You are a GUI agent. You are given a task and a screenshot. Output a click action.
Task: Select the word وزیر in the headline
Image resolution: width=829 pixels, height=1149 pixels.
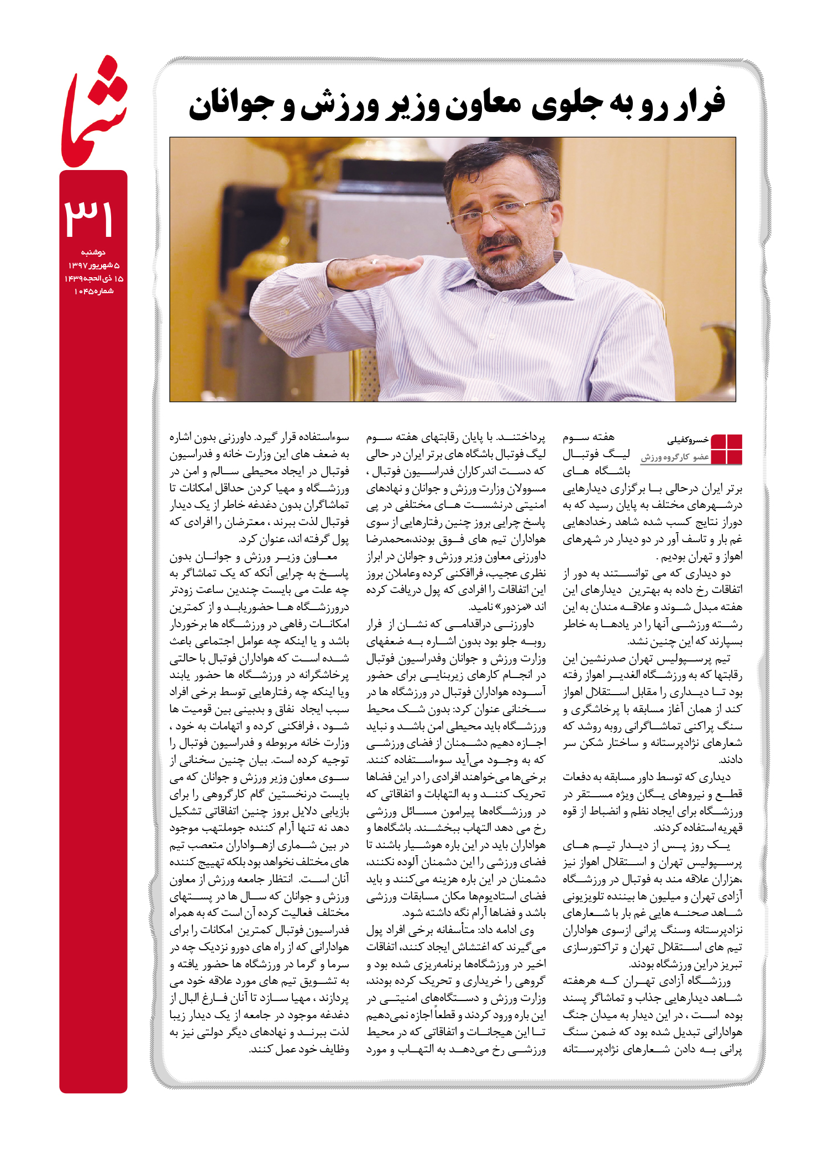[x=408, y=105]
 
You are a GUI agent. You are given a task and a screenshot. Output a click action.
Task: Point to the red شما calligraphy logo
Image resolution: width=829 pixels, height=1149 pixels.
[x=93, y=113]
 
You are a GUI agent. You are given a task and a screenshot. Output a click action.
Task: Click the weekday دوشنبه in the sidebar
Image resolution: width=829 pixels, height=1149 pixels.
[x=93, y=252]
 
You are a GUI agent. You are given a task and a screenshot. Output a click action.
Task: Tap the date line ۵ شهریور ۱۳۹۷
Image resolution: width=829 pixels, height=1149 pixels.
[x=93, y=266]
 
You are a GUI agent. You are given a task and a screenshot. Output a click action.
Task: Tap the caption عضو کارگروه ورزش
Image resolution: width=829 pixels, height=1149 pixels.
[x=675, y=457]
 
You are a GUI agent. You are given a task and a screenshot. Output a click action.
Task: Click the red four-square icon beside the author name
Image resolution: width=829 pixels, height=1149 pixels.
[x=726, y=449]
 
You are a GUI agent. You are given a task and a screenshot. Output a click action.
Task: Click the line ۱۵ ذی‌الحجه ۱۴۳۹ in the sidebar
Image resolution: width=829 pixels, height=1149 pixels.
[x=93, y=279]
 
